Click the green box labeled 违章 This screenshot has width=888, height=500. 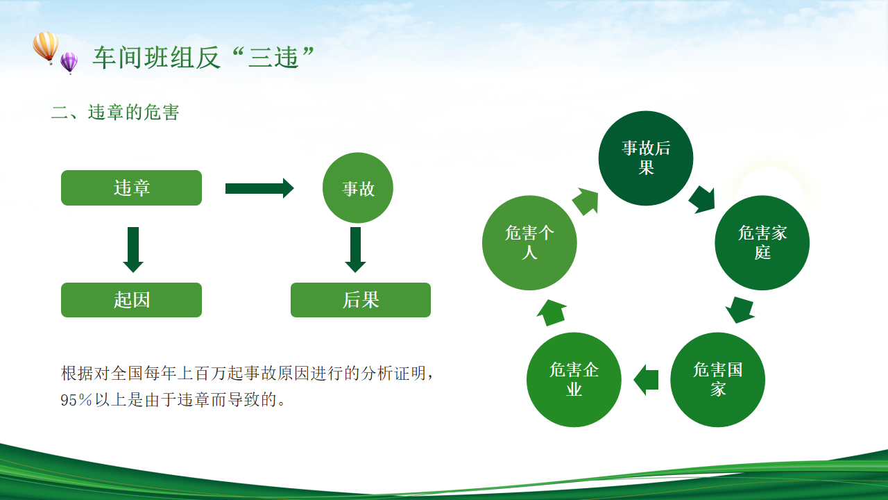pos(131,188)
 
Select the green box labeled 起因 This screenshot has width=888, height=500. pos(131,300)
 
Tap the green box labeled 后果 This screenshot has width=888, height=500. pos(361,300)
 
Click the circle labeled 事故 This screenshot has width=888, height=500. pos(358,188)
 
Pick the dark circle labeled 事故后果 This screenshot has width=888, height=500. pos(646,158)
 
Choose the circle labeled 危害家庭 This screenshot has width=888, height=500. pos(762,242)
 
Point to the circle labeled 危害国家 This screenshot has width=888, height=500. pos(717,380)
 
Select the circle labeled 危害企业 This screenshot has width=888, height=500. pos(574,380)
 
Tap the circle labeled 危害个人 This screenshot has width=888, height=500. pos(529,242)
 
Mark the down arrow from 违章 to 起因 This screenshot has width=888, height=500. pos(133,249)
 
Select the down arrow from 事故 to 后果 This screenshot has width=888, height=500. pos(355,249)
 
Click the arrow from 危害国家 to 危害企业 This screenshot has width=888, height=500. pos(646,380)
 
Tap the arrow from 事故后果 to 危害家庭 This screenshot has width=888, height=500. pos(702,199)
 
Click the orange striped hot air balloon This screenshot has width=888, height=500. pos(46,46)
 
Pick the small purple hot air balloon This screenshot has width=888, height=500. pos(69,62)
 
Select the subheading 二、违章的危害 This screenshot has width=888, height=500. pos(115,112)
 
